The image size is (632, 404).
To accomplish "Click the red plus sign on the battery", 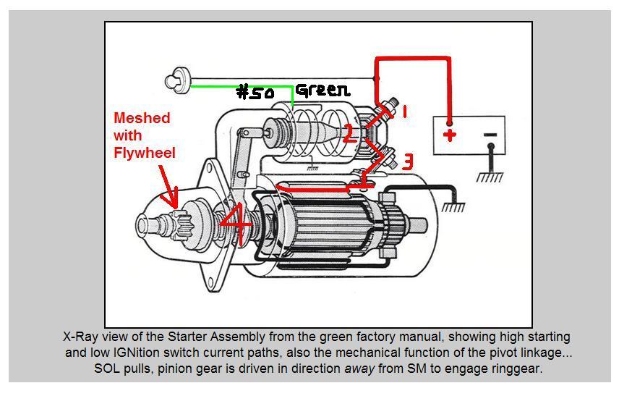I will tap(449, 135).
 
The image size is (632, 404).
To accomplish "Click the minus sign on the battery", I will tap(490, 135).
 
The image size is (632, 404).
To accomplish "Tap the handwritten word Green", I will tap(322, 90).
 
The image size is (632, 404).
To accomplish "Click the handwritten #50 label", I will tap(255, 93).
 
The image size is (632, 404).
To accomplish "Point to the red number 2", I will tap(349, 134).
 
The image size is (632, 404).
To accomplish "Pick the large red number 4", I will tap(236, 223).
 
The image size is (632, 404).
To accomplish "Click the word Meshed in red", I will tap(142, 118).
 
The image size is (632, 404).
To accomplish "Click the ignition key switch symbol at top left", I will tap(174, 80).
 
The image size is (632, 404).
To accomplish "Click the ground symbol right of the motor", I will tap(453, 206).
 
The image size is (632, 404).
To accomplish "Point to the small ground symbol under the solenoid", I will tap(312, 167).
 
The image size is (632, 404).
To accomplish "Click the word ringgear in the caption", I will tap(516, 369).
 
